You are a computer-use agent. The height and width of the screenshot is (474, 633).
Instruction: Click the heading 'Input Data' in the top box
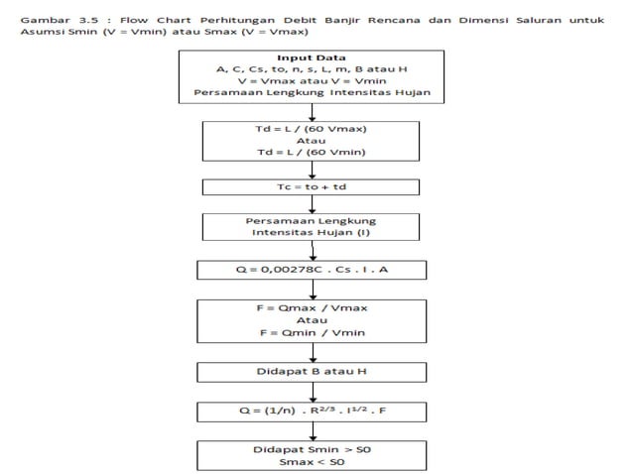[313, 58]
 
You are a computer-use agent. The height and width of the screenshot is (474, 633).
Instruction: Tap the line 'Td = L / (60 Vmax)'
[312, 129]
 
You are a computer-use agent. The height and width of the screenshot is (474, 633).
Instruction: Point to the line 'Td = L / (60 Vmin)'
[312, 154]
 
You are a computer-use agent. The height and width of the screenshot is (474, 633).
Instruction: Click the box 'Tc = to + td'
[312, 186]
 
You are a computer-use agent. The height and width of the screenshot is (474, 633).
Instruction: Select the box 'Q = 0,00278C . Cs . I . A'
[312, 270]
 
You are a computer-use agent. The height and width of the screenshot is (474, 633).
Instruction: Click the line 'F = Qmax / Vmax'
[312, 308]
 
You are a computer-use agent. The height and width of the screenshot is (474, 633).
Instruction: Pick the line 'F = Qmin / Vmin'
[312, 334]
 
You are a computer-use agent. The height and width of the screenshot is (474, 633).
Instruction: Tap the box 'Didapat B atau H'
[312, 372]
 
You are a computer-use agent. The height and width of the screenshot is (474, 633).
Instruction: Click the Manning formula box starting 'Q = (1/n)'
[312, 409]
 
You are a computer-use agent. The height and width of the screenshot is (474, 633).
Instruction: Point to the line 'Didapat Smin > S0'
[312, 449]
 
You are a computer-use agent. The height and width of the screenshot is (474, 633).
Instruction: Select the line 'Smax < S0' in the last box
[312, 462]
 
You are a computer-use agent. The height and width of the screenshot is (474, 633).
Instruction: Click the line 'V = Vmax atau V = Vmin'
[312, 82]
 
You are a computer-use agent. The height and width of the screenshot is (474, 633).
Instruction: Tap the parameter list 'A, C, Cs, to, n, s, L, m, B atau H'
[312, 69]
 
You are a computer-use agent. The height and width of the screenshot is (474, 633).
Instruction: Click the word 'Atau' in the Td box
[312, 142]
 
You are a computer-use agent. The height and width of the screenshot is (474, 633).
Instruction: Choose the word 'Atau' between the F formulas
[312, 321]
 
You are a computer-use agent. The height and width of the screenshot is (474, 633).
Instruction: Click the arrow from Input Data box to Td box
[313, 111]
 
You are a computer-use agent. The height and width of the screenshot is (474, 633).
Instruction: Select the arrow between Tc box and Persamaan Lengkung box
[313, 203]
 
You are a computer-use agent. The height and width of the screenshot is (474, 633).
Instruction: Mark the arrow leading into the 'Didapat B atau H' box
[313, 354]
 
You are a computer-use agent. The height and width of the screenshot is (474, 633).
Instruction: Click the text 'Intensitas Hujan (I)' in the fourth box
[312, 233]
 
